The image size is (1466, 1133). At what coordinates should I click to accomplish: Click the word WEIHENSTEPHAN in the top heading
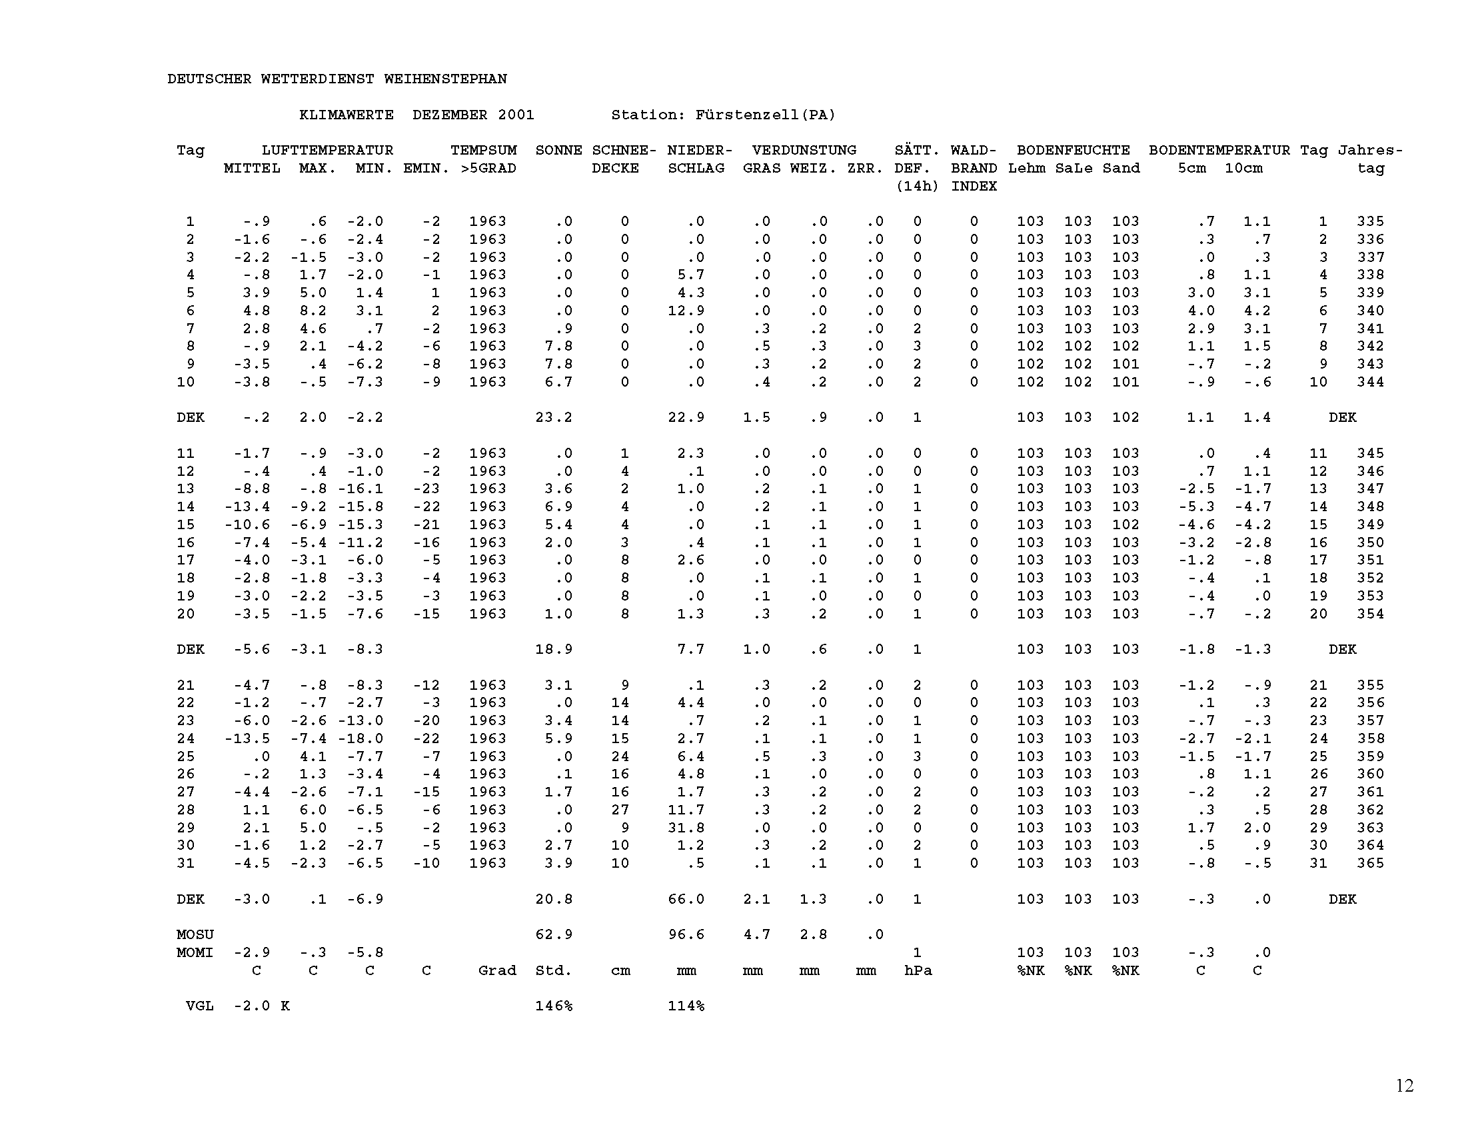[x=445, y=79]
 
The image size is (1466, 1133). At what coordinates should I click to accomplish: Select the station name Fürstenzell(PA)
[x=765, y=115]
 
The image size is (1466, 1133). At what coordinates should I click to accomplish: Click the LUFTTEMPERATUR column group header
[x=327, y=151]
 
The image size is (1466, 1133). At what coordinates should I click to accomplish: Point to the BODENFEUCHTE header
[x=1073, y=151]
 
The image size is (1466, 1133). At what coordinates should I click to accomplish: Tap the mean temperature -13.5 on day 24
[x=247, y=738]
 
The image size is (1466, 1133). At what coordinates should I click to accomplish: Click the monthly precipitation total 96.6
[x=686, y=934]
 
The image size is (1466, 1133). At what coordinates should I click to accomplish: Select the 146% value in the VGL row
[x=553, y=1006]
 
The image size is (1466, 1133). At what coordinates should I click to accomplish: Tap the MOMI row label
[x=195, y=952]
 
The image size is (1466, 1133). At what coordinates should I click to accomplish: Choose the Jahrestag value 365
[x=1370, y=863]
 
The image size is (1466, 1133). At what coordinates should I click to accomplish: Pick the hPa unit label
[x=918, y=970]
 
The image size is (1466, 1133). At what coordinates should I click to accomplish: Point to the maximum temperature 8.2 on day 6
[x=313, y=311]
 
